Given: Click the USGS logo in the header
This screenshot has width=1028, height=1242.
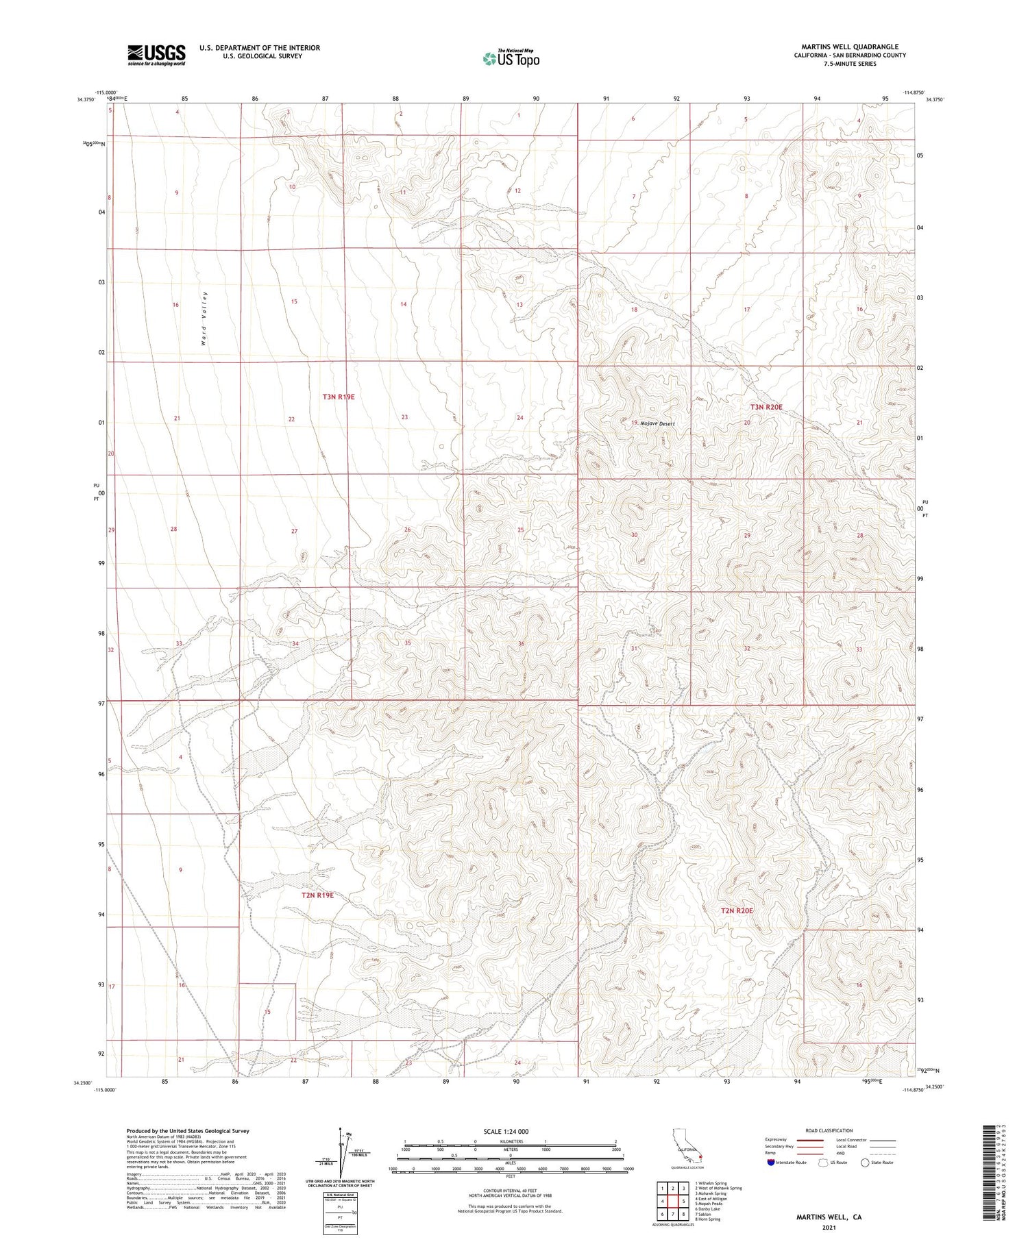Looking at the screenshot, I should [x=156, y=55].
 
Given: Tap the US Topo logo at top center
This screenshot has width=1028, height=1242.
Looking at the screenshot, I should [x=511, y=59].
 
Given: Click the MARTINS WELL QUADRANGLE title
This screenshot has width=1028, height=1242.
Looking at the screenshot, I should [x=849, y=47].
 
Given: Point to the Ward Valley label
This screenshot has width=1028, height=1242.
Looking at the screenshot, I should [x=204, y=318].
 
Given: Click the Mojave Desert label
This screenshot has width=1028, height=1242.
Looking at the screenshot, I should [x=657, y=423].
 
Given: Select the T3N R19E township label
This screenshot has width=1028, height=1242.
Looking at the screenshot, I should [x=339, y=397].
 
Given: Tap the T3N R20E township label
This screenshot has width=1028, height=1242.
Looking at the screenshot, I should [x=766, y=407].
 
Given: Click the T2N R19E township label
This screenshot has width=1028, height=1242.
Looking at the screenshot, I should [x=318, y=895].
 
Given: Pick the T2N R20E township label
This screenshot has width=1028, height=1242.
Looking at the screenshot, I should [x=737, y=910].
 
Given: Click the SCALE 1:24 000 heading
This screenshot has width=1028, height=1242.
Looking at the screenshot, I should [x=506, y=1131].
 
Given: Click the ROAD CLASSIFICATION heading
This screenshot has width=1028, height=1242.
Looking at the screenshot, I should [x=829, y=1130].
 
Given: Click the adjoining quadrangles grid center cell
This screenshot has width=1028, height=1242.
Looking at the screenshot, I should [x=672, y=1201].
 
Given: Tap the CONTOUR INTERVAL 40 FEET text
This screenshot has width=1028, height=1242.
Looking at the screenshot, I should [x=510, y=1191].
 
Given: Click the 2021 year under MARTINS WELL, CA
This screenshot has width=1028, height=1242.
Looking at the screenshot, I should [x=829, y=1227].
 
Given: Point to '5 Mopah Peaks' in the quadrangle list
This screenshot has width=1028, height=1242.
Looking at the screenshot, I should [x=710, y=1203].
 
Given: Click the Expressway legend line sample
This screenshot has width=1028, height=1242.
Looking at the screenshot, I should [x=809, y=1140].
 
